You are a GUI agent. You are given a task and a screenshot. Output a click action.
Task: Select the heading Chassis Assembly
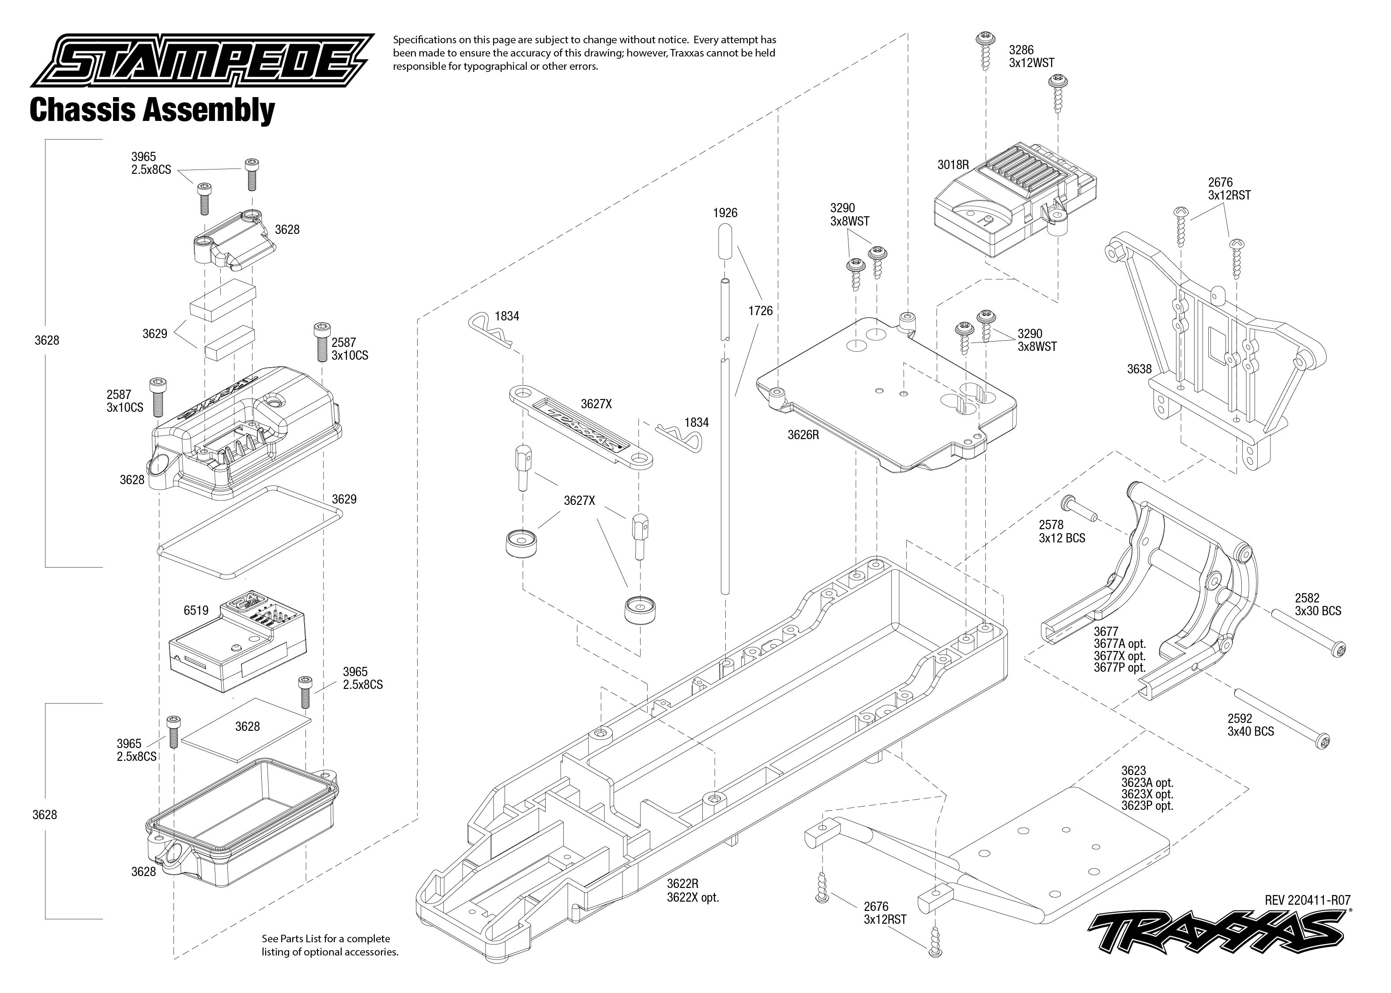152,111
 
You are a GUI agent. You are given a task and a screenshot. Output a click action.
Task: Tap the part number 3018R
953,165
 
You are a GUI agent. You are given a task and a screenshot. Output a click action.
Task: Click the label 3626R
803,435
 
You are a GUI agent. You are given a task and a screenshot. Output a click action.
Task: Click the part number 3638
1139,369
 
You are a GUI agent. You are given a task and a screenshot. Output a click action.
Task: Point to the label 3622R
682,884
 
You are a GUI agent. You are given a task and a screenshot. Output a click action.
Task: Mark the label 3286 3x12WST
1031,56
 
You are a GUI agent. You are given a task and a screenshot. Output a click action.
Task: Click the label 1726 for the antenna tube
760,311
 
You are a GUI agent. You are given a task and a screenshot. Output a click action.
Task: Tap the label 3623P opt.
1147,806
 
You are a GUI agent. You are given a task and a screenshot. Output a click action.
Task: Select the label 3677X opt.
1120,656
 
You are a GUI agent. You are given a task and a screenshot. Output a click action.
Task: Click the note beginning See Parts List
330,945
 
